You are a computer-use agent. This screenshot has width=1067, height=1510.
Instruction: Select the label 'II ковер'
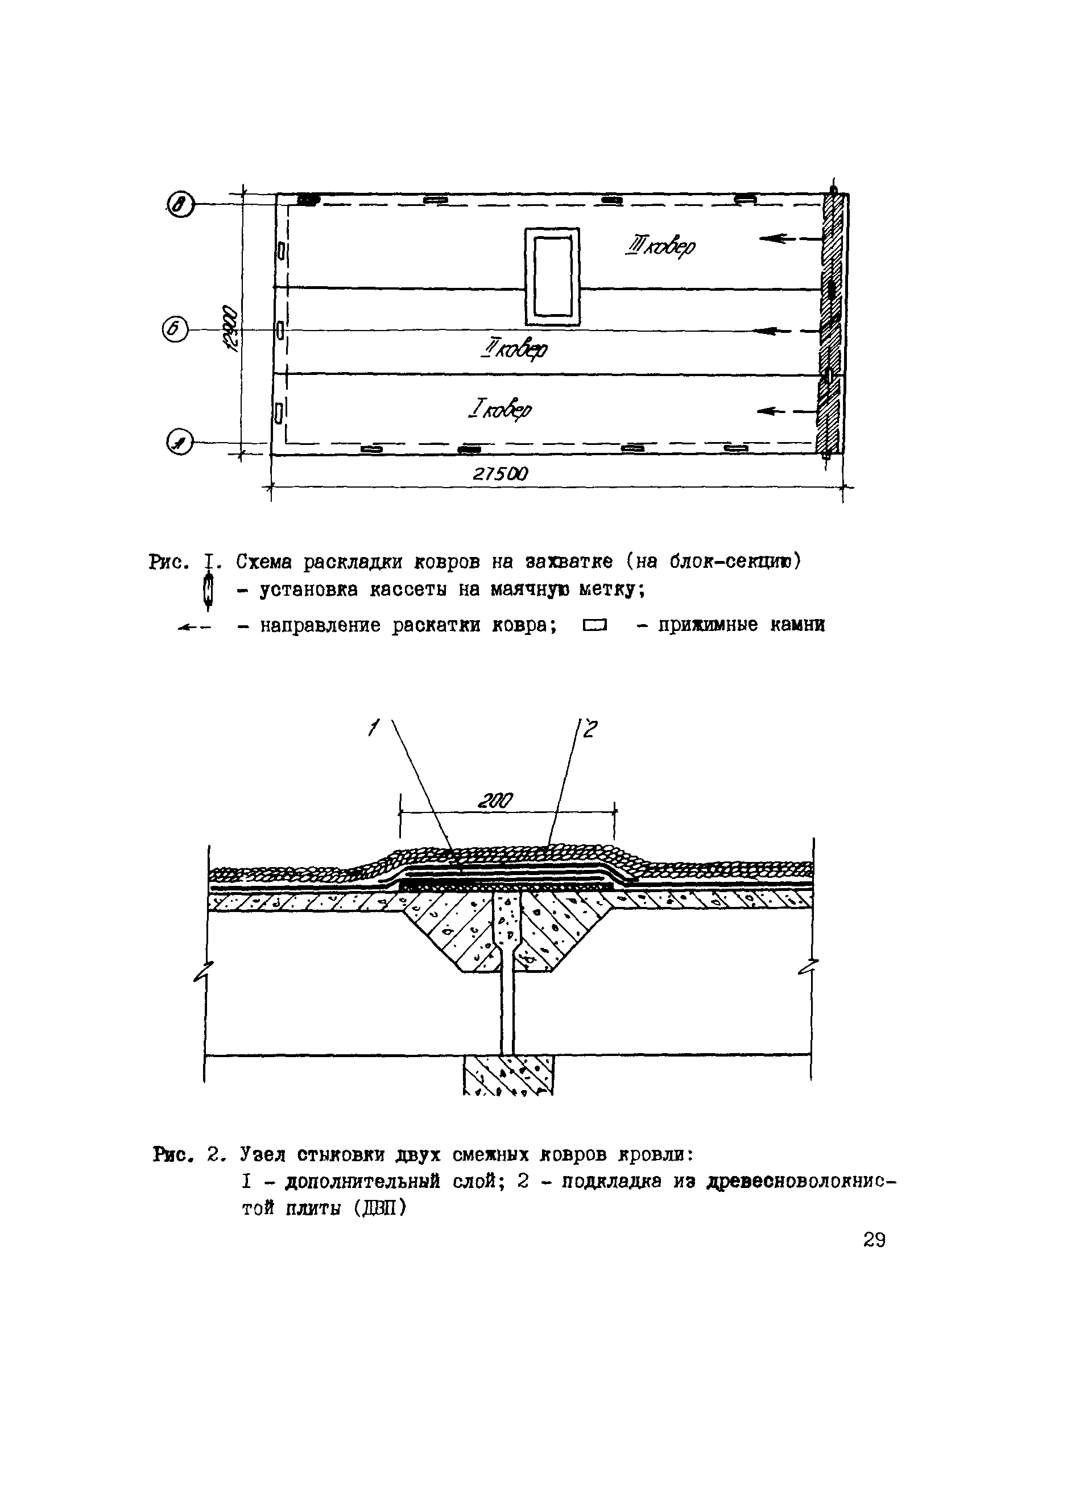514,349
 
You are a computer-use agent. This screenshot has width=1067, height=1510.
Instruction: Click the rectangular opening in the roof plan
552,276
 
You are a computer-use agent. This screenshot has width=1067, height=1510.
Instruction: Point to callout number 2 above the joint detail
589,729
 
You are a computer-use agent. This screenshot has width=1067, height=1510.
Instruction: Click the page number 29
874,1240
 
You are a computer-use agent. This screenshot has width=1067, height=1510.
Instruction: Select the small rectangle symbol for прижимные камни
594,625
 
